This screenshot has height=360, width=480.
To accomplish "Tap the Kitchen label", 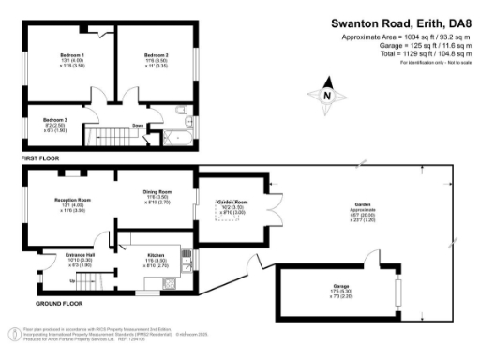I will coord(157,254).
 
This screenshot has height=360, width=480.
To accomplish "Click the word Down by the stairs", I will coord(137,125).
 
